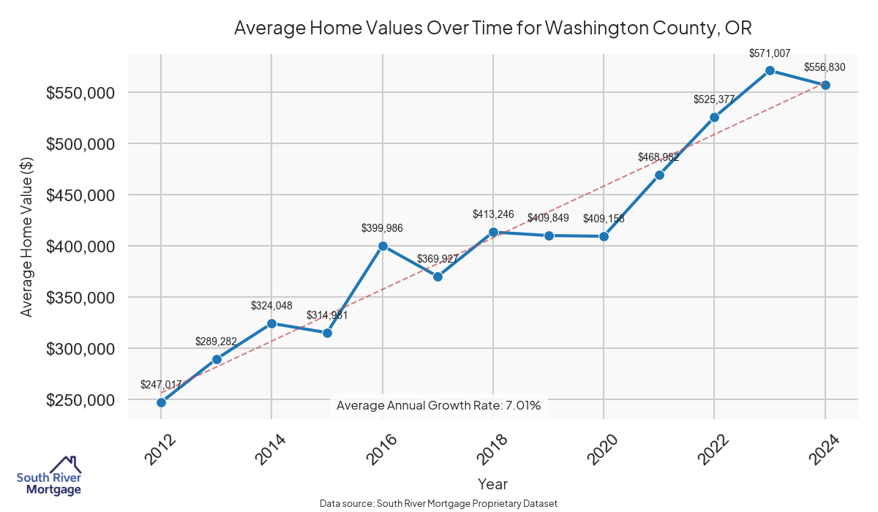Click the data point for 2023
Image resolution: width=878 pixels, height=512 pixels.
click(770, 70)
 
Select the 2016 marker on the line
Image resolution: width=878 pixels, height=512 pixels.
click(383, 246)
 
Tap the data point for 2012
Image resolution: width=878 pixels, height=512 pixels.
click(161, 402)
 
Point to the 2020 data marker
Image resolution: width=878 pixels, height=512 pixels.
click(604, 236)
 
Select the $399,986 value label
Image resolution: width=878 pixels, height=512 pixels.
click(382, 228)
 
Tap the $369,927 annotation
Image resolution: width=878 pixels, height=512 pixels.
click(438, 259)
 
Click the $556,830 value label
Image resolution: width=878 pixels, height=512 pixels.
click(825, 67)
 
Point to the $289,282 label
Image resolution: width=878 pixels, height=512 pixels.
click(217, 342)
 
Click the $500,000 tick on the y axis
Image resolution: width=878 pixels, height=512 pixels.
click(80, 144)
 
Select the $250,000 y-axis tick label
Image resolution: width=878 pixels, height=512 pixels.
click(80, 400)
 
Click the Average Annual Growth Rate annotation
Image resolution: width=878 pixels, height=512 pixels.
click(438, 405)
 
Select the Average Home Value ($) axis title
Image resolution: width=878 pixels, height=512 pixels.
click(26, 236)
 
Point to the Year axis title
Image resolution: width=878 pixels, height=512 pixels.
click(492, 483)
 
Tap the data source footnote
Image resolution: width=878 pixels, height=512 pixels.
click(438, 504)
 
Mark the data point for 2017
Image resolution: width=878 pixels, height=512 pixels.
click(438, 276)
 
